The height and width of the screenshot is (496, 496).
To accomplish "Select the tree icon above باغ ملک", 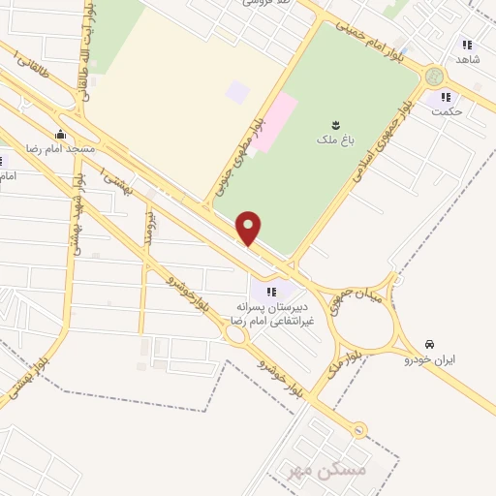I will pyautogui.click(x=335, y=124).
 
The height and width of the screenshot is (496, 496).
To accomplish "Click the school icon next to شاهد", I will pyautogui.click(x=467, y=45).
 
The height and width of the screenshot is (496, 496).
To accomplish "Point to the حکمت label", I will pyautogui.click(x=447, y=111).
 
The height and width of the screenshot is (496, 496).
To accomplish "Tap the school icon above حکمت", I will pyautogui.click(x=447, y=96).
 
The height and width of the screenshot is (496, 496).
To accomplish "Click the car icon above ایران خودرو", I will pyautogui.click(x=429, y=345).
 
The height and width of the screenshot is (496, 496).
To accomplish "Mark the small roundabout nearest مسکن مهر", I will pyautogui.click(x=359, y=429).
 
